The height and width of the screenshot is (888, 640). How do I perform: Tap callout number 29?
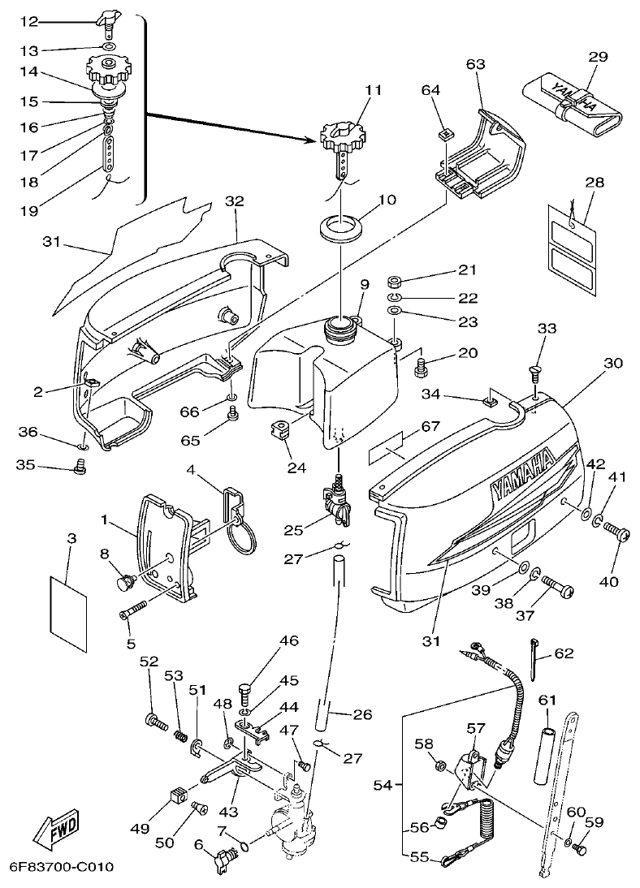(597, 57)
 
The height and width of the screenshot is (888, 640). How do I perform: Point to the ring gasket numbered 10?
(339, 226)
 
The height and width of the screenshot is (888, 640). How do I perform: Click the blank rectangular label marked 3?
(67, 606)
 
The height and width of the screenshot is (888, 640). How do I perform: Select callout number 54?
(383, 786)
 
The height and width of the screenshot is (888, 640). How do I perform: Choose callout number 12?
(28, 20)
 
